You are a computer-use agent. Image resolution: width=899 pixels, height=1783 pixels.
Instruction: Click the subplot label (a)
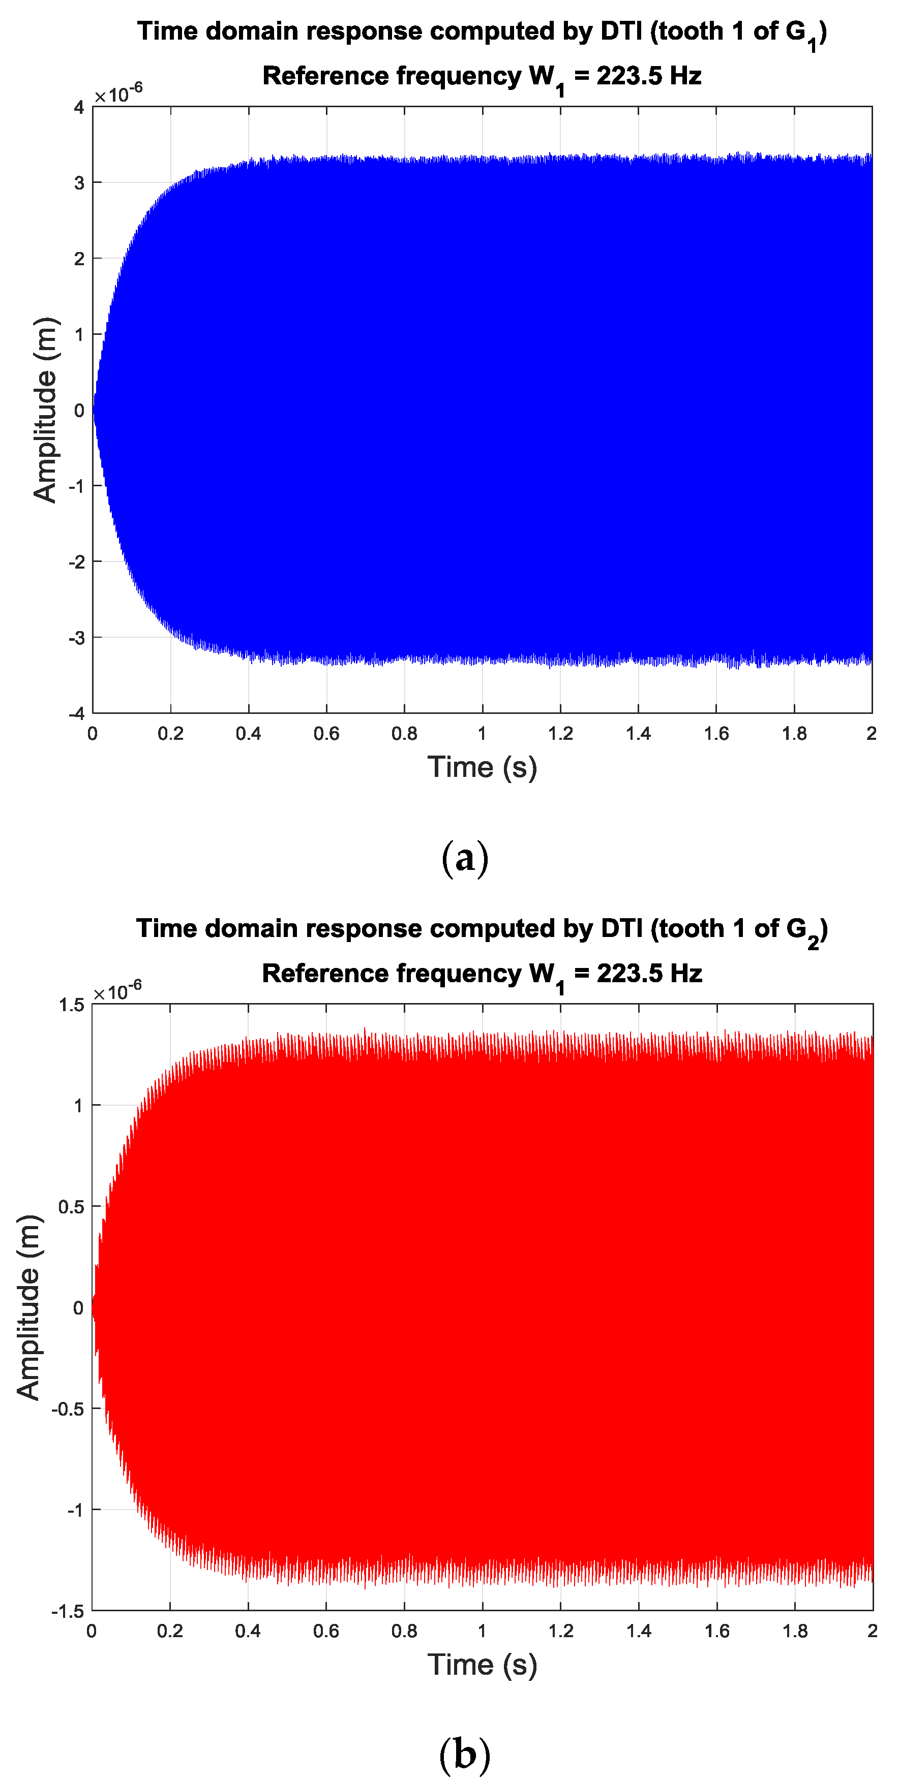[465, 858]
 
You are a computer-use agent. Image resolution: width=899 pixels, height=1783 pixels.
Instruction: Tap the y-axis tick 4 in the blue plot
[79, 107]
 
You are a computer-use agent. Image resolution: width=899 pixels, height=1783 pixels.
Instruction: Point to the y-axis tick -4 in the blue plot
[76, 713]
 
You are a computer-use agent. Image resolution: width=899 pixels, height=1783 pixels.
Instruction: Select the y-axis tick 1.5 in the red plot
[71, 1005]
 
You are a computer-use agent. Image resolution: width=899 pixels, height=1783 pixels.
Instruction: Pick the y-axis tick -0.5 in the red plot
[68, 1409]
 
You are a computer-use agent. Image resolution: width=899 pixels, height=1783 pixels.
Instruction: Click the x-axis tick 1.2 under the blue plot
[560, 734]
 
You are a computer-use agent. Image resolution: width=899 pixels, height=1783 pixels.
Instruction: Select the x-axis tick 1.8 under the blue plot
[794, 734]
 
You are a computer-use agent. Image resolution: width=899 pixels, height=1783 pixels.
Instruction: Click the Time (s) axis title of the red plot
[482, 1665]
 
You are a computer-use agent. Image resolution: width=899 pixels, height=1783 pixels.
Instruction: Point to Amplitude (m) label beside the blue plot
[45, 410]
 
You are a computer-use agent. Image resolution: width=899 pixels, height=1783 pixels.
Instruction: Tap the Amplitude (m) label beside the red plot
[29, 1307]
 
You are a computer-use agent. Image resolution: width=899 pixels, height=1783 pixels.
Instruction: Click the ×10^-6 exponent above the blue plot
[118, 93]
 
